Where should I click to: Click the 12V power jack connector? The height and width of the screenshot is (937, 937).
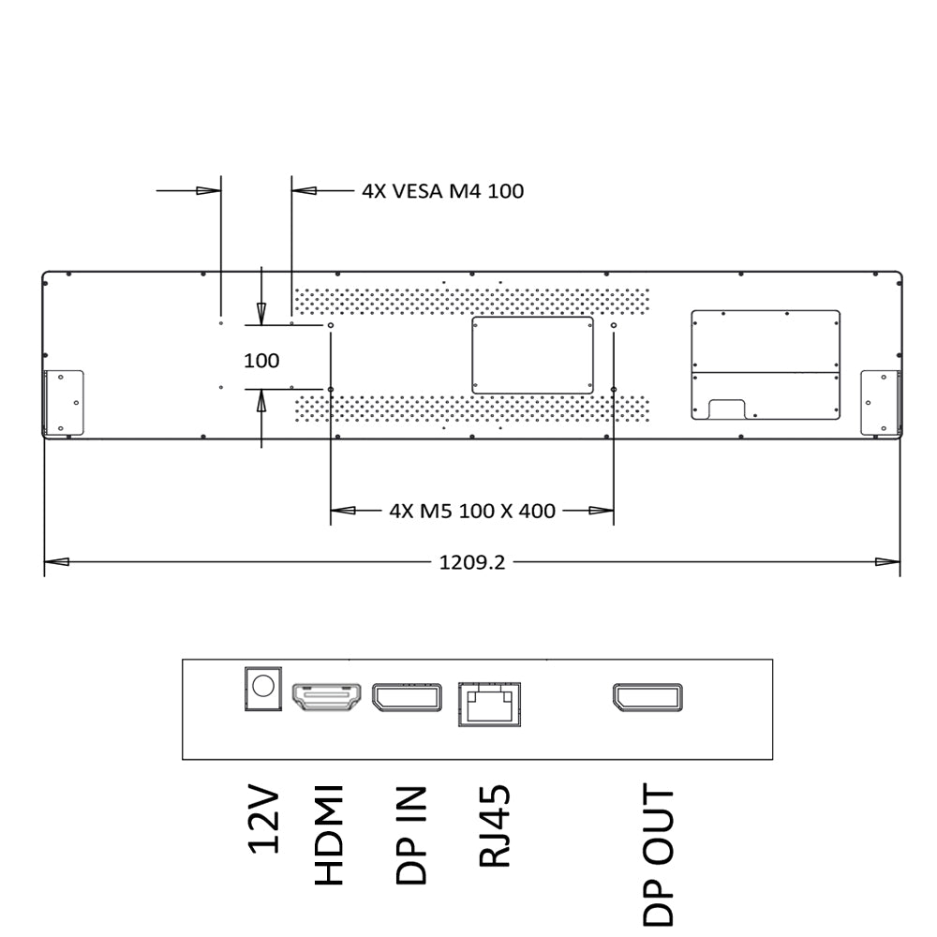click(263, 689)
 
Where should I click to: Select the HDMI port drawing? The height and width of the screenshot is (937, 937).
click(326, 697)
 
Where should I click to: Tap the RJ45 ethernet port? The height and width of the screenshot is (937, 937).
click(489, 705)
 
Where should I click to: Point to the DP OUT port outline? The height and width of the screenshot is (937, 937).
click(647, 697)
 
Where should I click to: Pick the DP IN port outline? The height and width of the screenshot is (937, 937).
click(407, 697)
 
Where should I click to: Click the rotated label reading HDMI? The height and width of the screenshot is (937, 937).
click(329, 835)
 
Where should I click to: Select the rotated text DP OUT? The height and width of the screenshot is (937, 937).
click(659, 855)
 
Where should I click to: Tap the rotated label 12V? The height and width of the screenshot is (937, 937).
click(263, 821)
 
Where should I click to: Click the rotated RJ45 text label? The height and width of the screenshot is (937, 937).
click(495, 825)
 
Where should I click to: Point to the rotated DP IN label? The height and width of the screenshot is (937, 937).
click(411, 835)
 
